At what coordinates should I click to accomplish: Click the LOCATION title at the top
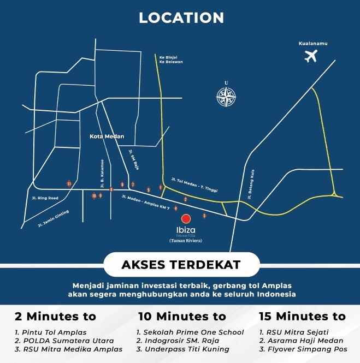181,18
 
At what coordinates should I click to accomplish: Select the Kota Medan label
107,136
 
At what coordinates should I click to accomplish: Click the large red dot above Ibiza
186,219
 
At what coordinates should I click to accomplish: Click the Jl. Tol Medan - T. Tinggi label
194,185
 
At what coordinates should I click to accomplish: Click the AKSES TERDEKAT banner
180,265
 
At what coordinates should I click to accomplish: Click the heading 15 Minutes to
302,316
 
